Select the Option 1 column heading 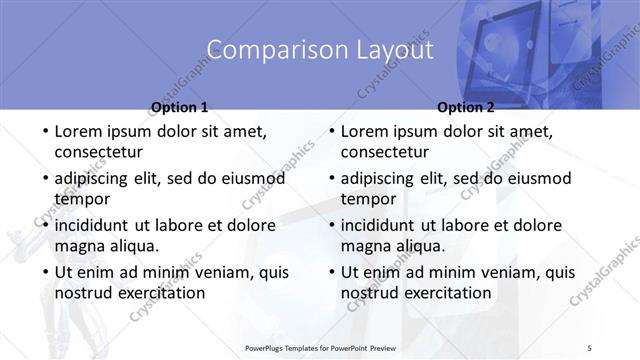pos(179,107)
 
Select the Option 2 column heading pos(466,107)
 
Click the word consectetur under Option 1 pos(98,152)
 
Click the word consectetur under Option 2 pos(385,152)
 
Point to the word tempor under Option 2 pos(368,198)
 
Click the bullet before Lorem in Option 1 pos(45,132)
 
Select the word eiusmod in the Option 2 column pos(536,179)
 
